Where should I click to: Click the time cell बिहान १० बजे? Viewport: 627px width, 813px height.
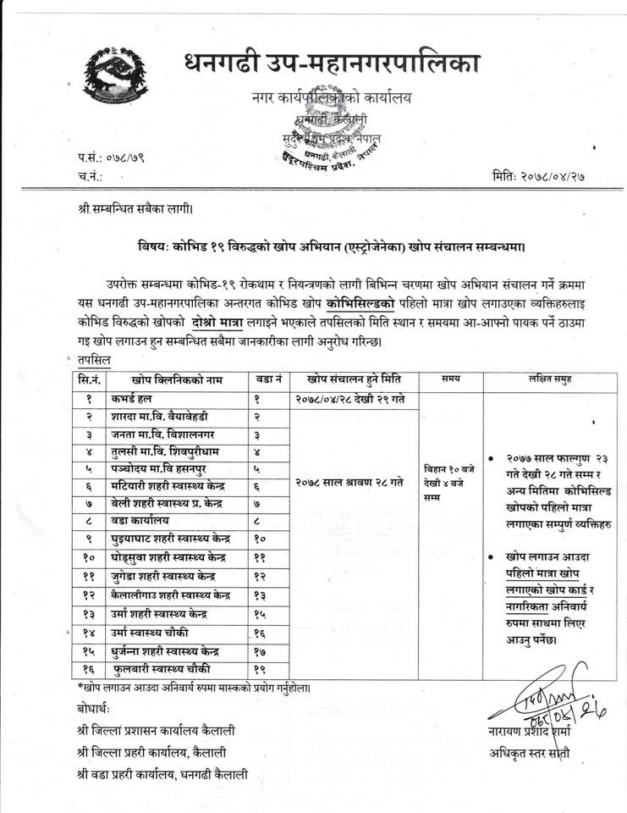451,468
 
